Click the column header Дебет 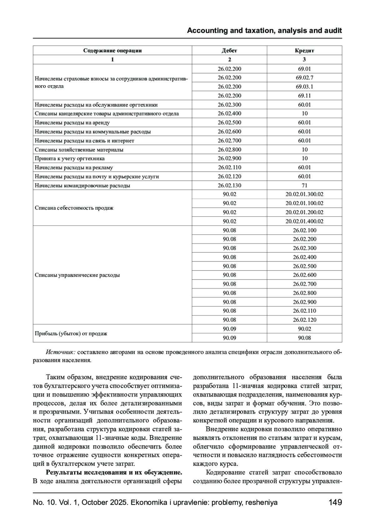click(229, 50)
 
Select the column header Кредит click(304, 50)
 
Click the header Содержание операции click(112, 50)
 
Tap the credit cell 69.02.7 click(304, 78)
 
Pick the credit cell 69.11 click(304, 96)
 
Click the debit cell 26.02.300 click(229, 105)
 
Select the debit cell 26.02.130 click(229, 185)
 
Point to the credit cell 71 click(304, 185)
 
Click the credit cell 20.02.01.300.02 click(304, 194)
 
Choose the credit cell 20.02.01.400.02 click(304, 221)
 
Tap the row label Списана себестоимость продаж click(74, 208)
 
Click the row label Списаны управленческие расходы click(77, 275)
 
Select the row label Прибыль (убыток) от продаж click(71, 333)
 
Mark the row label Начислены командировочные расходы click(82, 186)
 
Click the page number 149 click(335, 503)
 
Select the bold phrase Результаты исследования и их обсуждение click(114, 472)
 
